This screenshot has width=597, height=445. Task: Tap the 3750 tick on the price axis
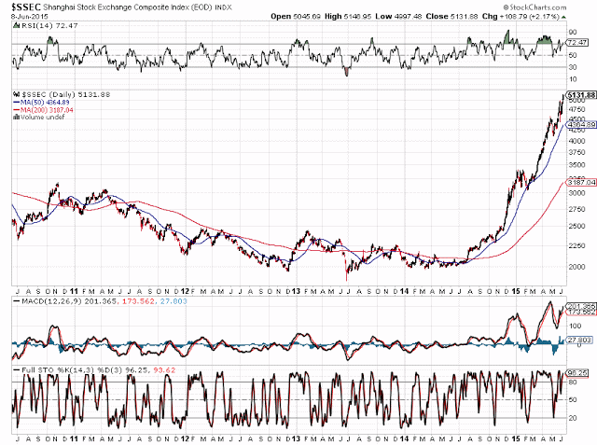(577, 149)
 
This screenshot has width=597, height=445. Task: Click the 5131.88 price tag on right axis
(579, 95)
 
